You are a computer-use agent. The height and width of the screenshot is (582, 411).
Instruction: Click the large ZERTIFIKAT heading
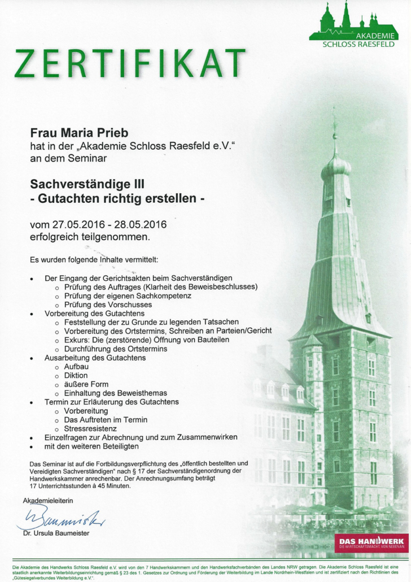pos(130,63)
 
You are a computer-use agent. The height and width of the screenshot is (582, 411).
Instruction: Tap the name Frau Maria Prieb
pos(79,133)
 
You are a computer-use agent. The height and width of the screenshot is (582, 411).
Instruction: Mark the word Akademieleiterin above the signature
pos(48,501)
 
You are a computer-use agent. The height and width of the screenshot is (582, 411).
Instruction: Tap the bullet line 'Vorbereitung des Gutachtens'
pos(95,313)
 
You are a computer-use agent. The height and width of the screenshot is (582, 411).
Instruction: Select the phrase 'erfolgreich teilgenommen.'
pos(90,237)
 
